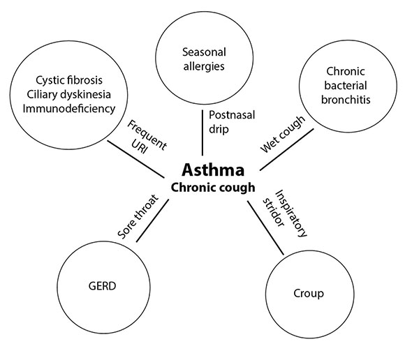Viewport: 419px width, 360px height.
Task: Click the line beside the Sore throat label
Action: click(x=153, y=222)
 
